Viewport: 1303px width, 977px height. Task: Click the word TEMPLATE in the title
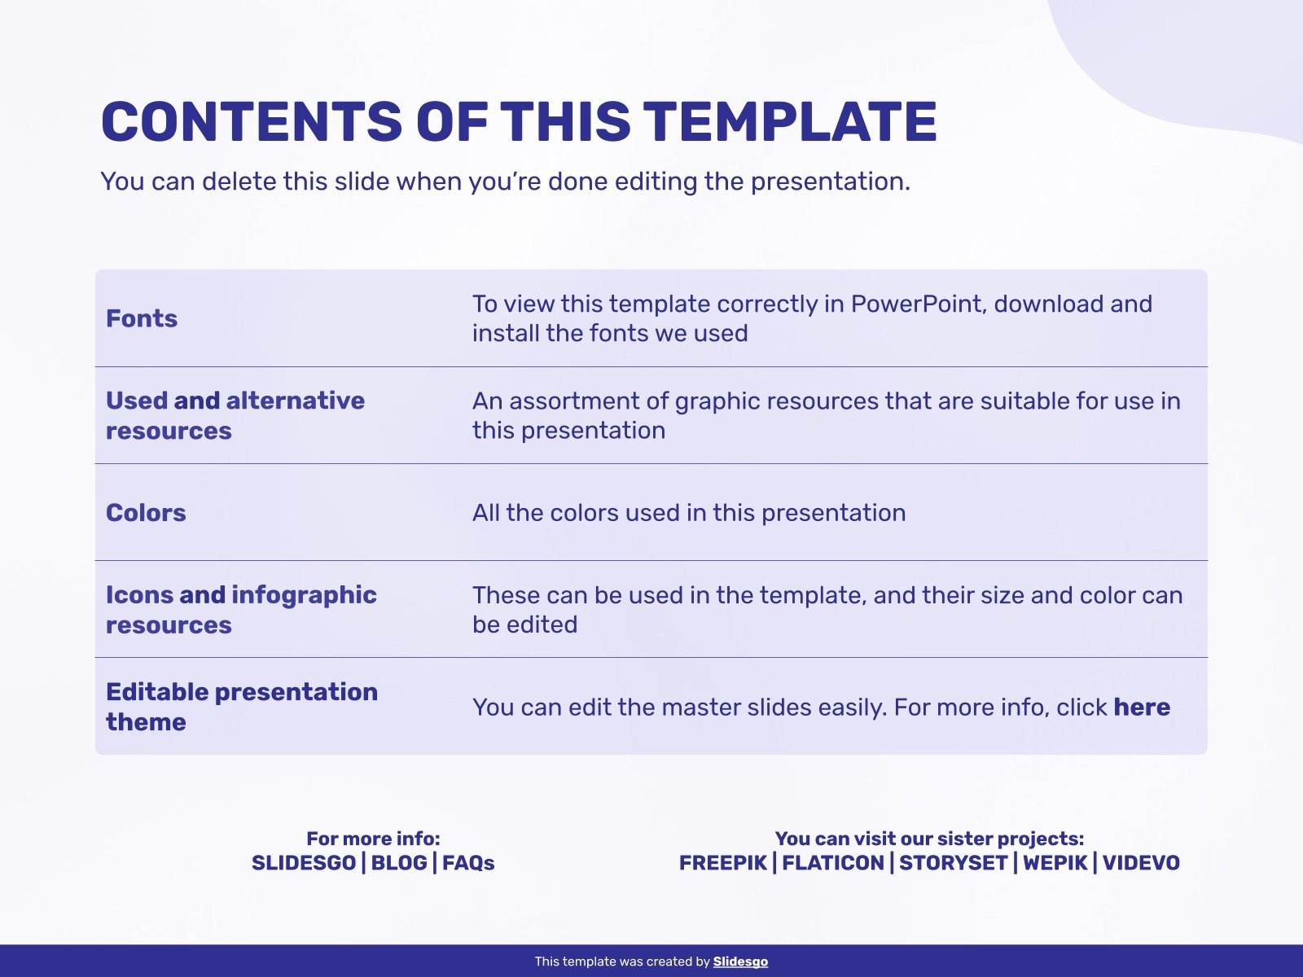click(x=790, y=121)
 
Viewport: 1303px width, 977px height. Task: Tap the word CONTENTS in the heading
click(x=252, y=121)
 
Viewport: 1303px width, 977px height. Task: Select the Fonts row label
click(x=141, y=318)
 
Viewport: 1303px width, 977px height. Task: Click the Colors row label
click(x=146, y=513)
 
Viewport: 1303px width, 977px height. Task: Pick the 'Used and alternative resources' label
click(x=235, y=415)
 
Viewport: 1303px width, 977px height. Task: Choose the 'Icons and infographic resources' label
click(x=241, y=610)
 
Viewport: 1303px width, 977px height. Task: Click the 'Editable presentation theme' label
click(x=242, y=707)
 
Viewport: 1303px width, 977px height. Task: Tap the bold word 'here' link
click(x=1142, y=707)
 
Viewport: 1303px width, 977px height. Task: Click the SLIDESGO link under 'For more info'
click(x=303, y=863)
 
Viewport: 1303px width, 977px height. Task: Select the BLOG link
click(x=399, y=863)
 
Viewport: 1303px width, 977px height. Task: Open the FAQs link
click(x=468, y=863)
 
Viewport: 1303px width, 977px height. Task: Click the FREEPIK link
click(x=723, y=863)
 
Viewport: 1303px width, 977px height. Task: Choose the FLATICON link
click(x=833, y=863)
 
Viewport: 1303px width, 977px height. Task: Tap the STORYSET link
click(x=954, y=863)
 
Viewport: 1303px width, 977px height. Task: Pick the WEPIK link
click(x=1055, y=863)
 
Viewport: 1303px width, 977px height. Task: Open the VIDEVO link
click(x=1141, y=863)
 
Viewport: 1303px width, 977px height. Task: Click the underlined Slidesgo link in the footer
click(x=740, y=962)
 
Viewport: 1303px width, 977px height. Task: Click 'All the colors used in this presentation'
click(x=689, y=513)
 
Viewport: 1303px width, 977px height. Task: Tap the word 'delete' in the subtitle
click(x=239, y=181)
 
